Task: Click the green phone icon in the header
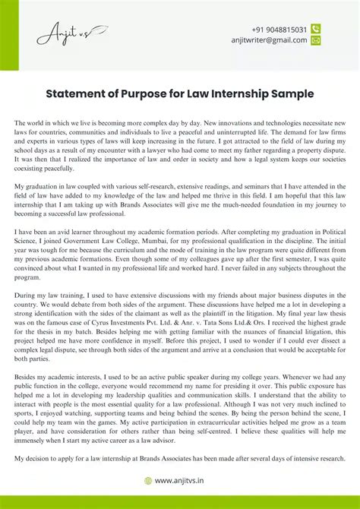pyautogui.click(x=316, y=29)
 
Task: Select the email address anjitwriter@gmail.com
pyautogui.click(x=269, y=41)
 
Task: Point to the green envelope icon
pyautogui.click(x=316, y=41)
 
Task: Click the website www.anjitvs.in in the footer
pyautogui.click(x=185, y=481)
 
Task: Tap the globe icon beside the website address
pyautogui.click(x=149, y=481)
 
